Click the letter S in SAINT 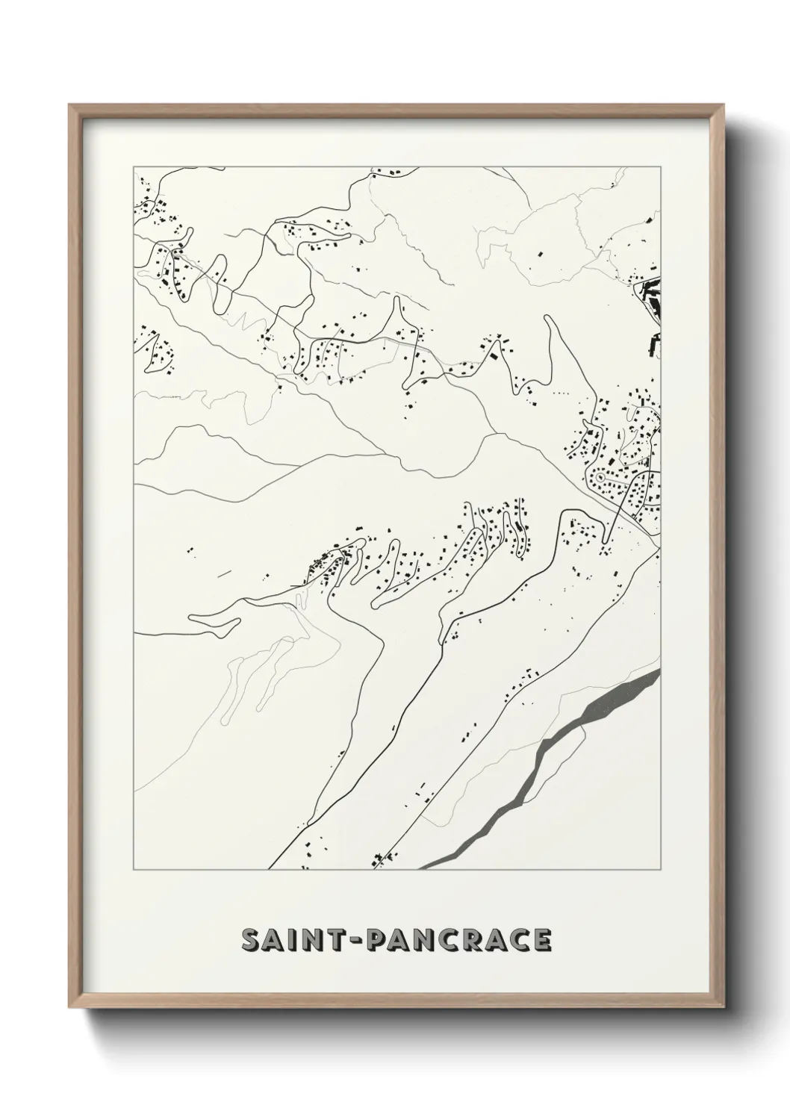pyautogui.click(x=252, y=940)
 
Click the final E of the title pyautogui.click(x=543, y=940)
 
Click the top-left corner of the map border pyautogui.click(x=134, y=166)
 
